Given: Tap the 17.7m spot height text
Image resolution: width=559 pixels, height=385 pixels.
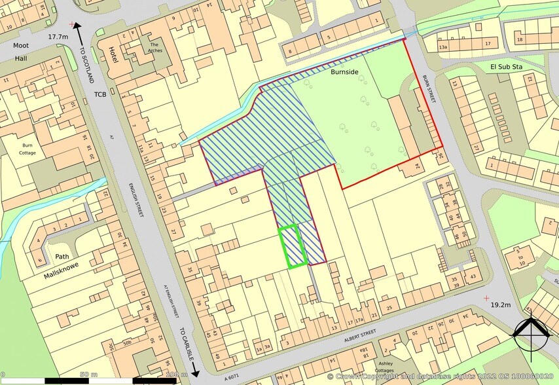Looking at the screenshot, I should click(58, 37).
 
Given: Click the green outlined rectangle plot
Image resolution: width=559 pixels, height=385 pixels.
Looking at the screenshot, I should click(293, 246).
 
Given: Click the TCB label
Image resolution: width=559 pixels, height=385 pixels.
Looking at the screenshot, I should click(99, 94).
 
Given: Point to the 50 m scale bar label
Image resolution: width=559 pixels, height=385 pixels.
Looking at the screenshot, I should click(83, 374).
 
